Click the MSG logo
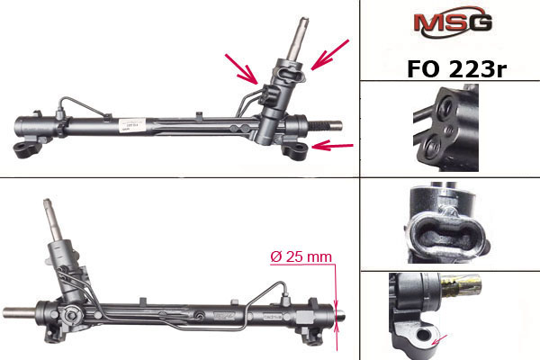click(453, 22)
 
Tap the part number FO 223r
click(456, 69)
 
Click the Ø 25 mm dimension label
click(301, 257)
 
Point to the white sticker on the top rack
click(132, 125)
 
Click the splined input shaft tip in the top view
click(303, 22)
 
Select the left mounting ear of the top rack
click(27, 149)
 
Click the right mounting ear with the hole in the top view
click(294, 150)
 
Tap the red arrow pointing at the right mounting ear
click(332, 146)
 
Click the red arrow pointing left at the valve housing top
click(330, 54)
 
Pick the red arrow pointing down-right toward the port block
click(241, 69)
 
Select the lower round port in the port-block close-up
click(433, 147)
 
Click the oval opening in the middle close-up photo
click(446, 235)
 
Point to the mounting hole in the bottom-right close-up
click(423, 334)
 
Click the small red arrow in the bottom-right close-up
click(440, 339)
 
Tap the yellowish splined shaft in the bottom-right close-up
click(461, 285)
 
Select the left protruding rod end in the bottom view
click(19, 312)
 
